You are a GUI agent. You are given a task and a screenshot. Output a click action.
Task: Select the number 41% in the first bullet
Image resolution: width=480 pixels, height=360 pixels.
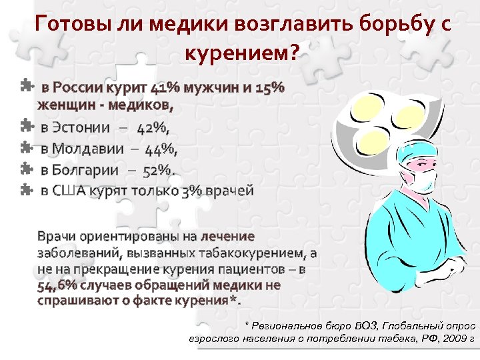165,87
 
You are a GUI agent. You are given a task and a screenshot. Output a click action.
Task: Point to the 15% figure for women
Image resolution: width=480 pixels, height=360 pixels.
269,87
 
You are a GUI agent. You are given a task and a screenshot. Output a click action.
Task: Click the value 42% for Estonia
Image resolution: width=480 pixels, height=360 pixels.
153,127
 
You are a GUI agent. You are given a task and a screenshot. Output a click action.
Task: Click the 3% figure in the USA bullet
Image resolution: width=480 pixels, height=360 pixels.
190,191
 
